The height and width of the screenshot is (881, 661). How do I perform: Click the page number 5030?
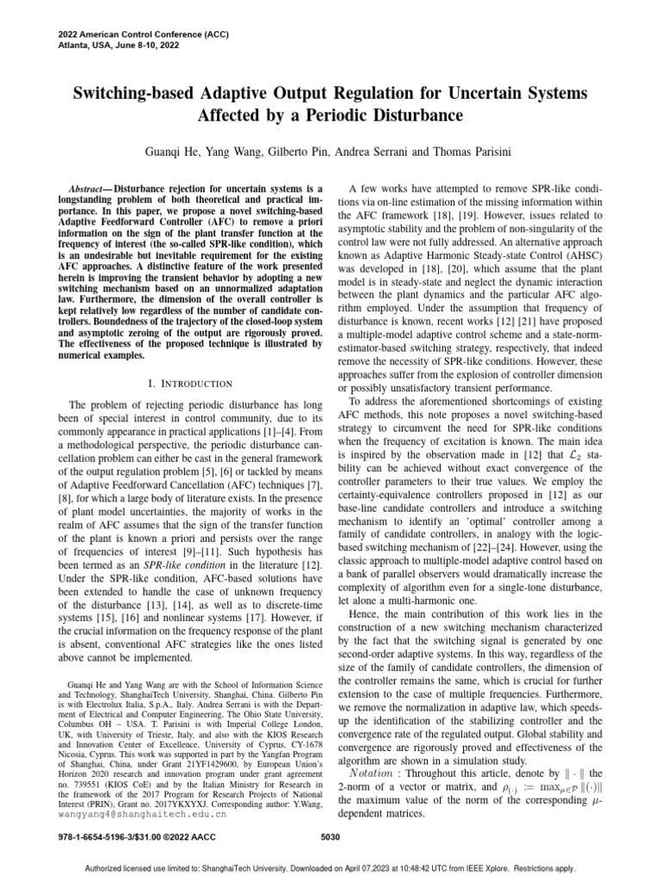click(330, 835)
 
